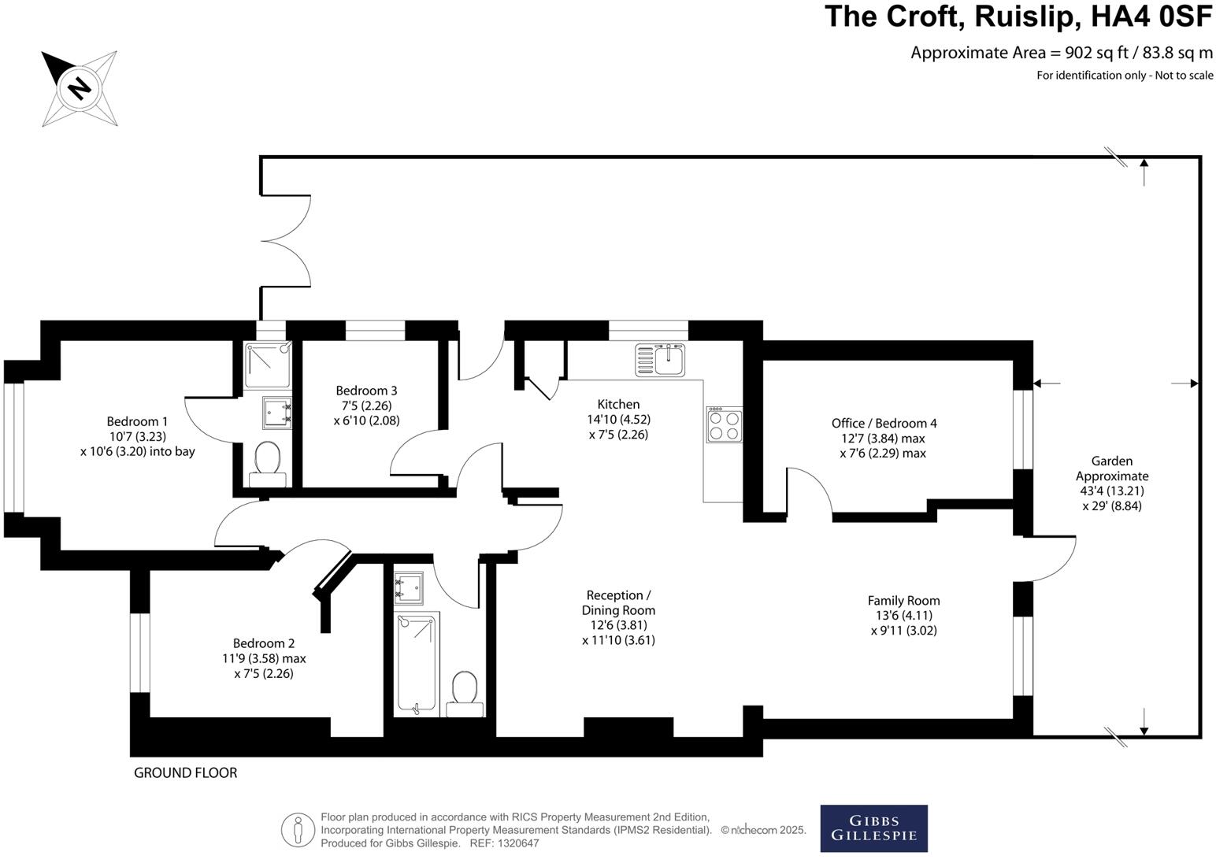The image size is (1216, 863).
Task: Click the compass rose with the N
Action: [80, 87]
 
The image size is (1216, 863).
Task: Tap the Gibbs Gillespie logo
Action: [873, 828]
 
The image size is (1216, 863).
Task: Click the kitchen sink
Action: [660, 359]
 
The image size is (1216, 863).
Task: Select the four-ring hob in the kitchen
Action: [724, 424]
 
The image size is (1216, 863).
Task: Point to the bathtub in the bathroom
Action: [417, 664]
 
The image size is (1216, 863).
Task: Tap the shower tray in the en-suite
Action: [267, 365]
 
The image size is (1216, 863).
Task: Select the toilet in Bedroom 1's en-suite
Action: [268, 462]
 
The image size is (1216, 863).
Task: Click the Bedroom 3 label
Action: [366, 391]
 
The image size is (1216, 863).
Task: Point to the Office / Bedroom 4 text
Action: [884, 423]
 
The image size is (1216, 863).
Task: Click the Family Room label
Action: [903, 600]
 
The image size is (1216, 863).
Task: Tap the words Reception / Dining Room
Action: [618, 602]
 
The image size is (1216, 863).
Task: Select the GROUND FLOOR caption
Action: [185, 772]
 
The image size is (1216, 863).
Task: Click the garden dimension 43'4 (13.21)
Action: [1112, 491]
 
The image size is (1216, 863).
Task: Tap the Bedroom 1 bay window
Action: [14, 446]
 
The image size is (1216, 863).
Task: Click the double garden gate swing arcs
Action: [286, 240]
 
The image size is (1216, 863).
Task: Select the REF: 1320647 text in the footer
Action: [504, 843]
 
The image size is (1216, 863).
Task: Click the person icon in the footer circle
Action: [298, 830]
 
